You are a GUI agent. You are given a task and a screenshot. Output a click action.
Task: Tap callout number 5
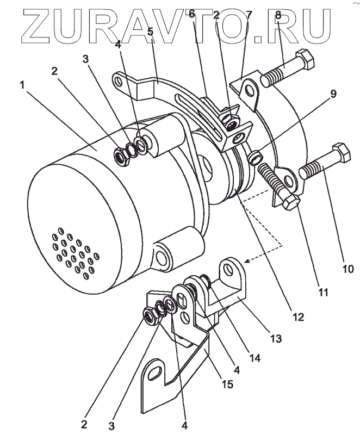(150, 32)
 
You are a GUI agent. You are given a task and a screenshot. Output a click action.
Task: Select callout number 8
(278, 16)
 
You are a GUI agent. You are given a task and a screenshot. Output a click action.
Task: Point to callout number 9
(333, 94)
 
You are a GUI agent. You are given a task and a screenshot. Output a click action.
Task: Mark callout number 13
(276, 338)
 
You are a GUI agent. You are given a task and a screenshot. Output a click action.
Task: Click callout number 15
(227, 384)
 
